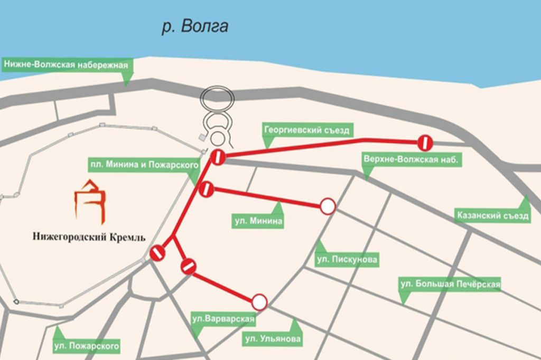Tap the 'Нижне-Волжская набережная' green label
click(x=67, y=65)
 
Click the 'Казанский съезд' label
click(x=493, y=216)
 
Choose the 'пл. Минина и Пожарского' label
click(x=144, y=166)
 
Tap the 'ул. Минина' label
click(x=258, y=222)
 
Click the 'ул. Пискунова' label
click(x=347, y=259)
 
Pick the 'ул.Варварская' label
click(x=223, y=319)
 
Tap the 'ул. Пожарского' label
click(x=87, y=347)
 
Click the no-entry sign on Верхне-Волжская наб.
click(x=425, y=142)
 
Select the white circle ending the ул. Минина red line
click(x=328, y=206)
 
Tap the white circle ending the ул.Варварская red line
click(x=259, y=302)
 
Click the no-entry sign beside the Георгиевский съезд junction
click(x=218, y=157)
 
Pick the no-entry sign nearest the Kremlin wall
click(x=157, y=253)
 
